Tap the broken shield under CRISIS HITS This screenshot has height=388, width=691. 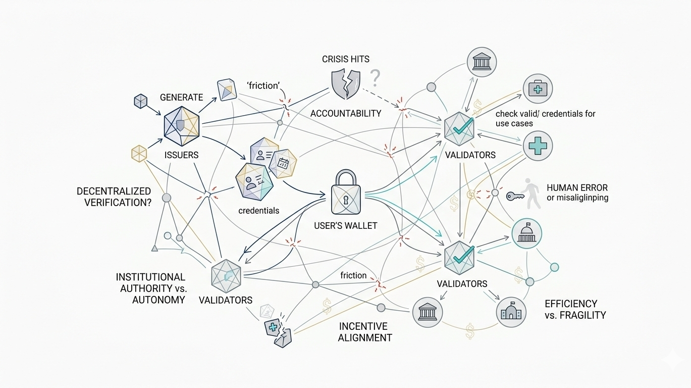346,84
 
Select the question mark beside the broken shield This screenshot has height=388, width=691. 374,78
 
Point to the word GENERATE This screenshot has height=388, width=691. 181,98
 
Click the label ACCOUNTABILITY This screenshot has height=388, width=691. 345,114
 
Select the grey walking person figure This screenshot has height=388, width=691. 529,193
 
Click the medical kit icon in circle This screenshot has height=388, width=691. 538,89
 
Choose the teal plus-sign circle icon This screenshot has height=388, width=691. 538,145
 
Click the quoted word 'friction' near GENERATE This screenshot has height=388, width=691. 263,85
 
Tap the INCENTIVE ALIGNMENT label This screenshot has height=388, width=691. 365,332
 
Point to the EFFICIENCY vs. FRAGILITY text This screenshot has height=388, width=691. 575,309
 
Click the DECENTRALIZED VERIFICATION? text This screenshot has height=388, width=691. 114,197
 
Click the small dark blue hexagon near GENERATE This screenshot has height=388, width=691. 140,101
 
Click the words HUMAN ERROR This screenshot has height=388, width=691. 577,188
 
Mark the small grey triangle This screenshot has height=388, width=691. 154,249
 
